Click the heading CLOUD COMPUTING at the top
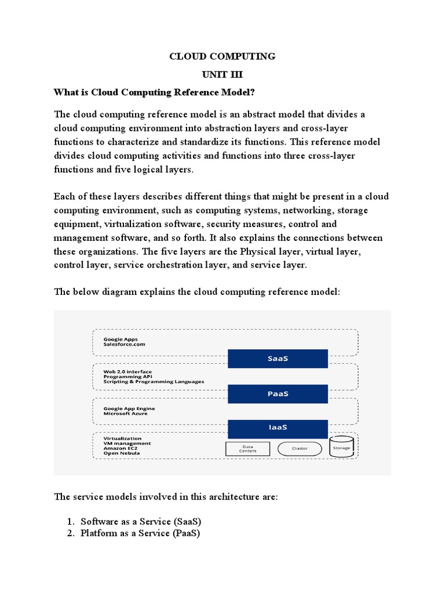pyautogui.click(x=222, y=56)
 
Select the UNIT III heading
pyautogui.click(x=222, y=75)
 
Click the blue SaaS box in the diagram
pyautogui.click(x=278, y=358)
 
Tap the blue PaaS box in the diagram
pyautogui.click(x=278, y=394)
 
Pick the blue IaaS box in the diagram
pyautogui.click(x=278, y=428)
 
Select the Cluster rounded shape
pyautogui.click(x=300, y=448)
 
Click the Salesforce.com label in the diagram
pyautogui.click(x=124, y=345)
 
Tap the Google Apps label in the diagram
pyautogui.click(x=121, y=339)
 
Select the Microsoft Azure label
pyautogui.click(x=125, y=414)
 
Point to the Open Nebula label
pyautogui.click(x=121, y=453)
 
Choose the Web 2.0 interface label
pyautogui.click(x=128, y=371)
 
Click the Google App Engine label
pyautogui.click(x=129, y=408)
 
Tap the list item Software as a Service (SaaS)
pyautogui.click(x=141, y=521)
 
